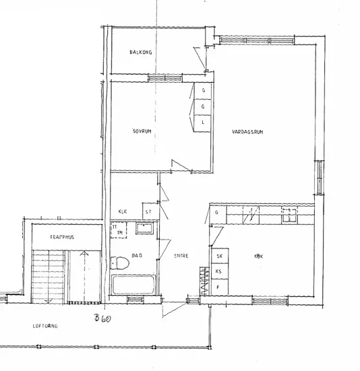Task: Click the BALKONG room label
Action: [141, 53]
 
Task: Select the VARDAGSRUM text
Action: [247, 133]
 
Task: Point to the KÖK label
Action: [258, 257]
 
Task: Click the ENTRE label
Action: [181, 256]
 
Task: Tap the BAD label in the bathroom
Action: [137, 256]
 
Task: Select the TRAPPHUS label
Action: [61, 238]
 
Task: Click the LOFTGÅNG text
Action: [46, 326]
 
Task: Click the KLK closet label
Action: [123, 211]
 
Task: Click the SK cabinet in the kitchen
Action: [219, 257]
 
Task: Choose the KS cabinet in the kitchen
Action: [219, 271]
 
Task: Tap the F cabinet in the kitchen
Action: [219, 287]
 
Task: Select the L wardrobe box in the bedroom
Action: [203, 123]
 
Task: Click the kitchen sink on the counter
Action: [290, 215]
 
